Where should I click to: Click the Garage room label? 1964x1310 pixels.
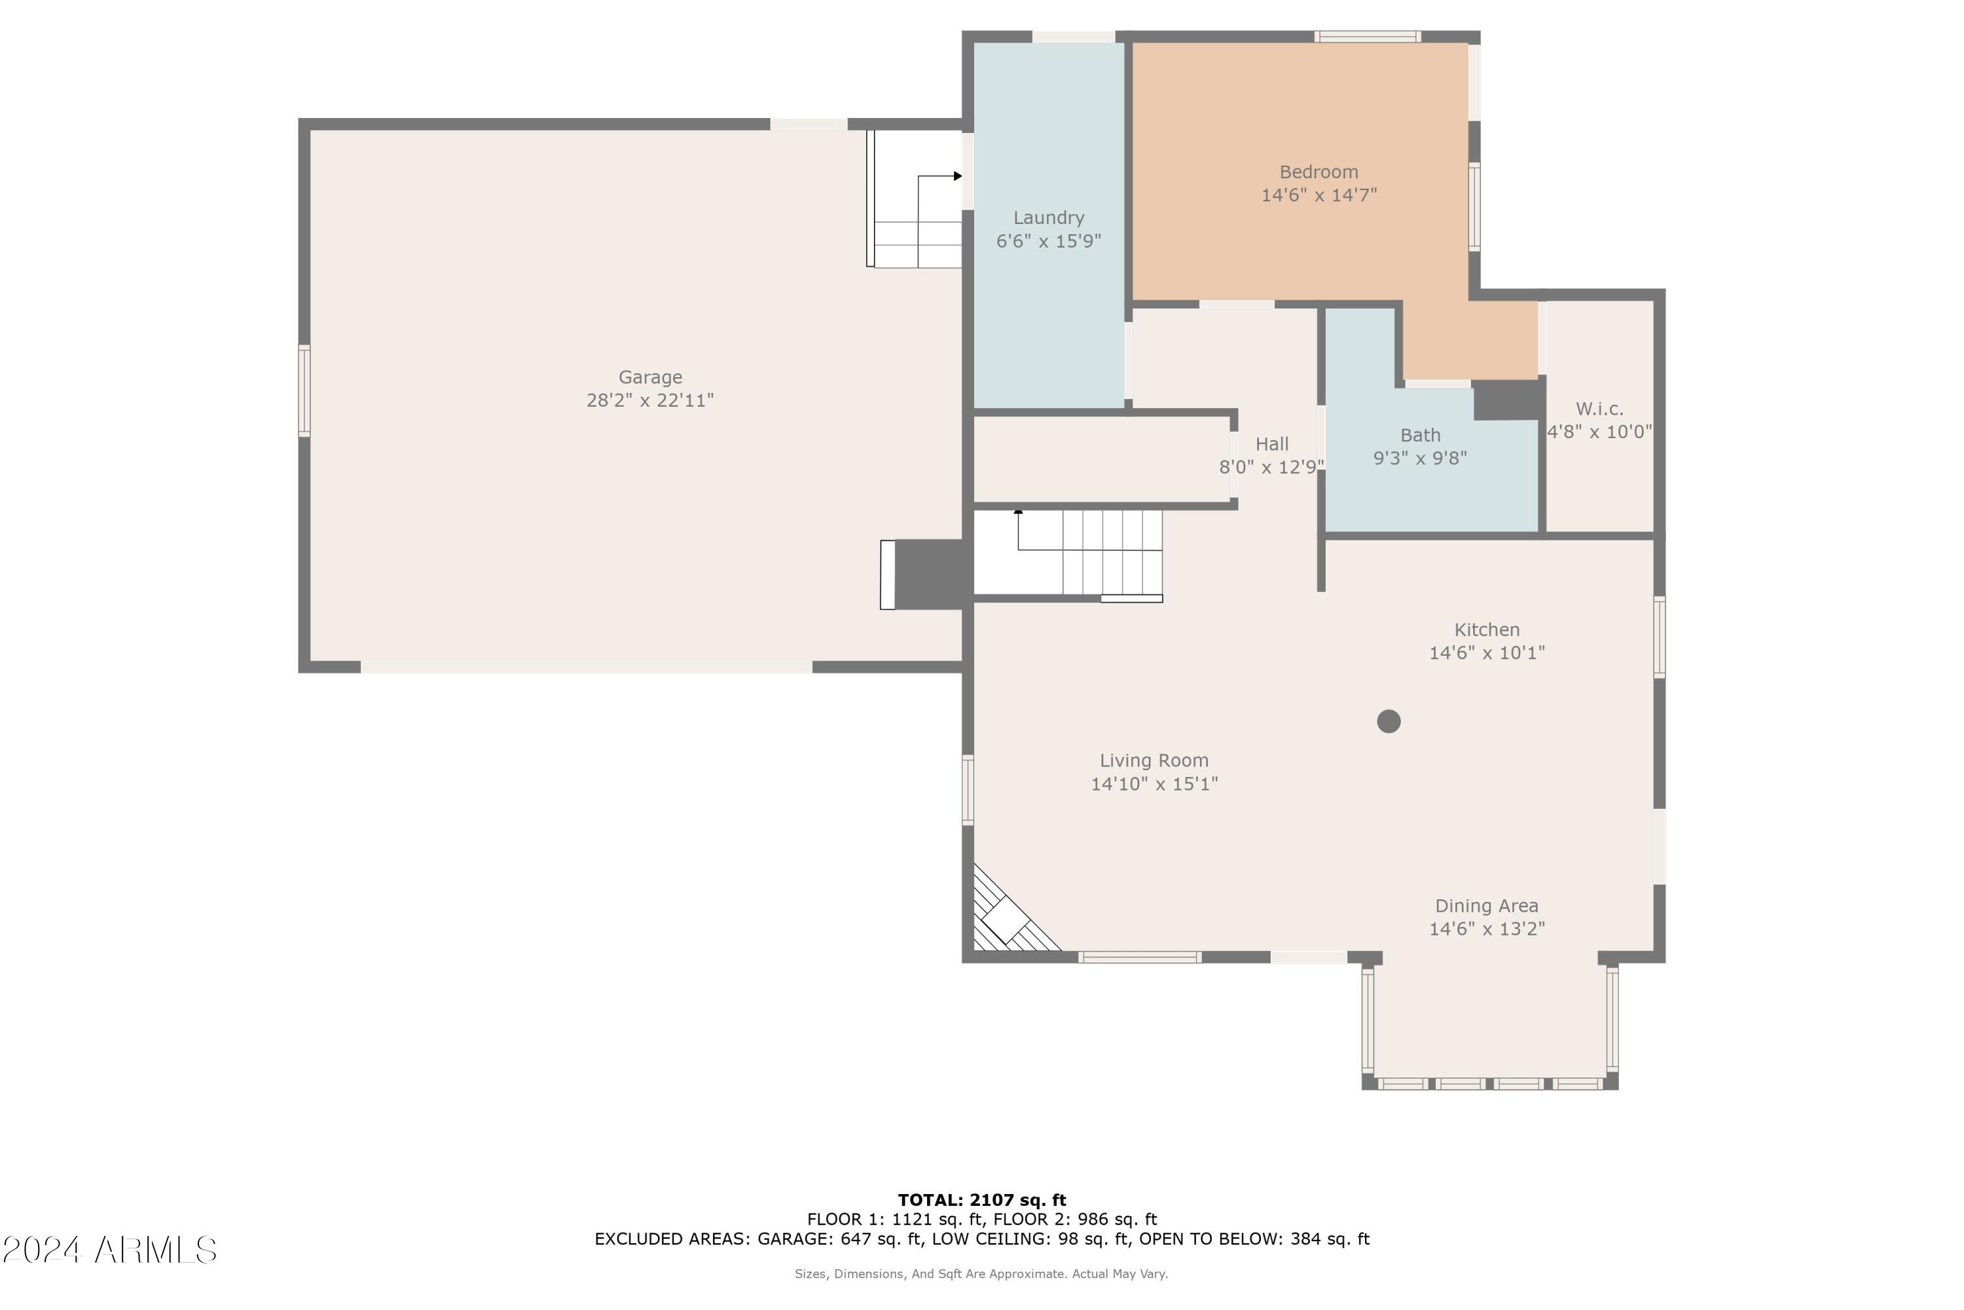[x=649, y=377]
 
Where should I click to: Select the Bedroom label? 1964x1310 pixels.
[x=1318, y=172]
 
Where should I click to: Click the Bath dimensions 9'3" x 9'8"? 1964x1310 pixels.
[x=1419, y=458]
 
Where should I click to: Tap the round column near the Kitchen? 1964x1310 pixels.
[x=1388, y=721]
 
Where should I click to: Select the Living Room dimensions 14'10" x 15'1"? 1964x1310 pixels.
[x=1154, y=783]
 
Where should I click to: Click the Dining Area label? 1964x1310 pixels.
[x=1486, y=906]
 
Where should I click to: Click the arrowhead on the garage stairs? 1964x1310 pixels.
[x=958, y=176]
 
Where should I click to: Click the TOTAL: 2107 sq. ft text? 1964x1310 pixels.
[x=982, y=1201]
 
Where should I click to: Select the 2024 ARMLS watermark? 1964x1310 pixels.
[x=109, y=1250]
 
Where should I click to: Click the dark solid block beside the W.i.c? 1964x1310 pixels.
[x=1507, y=400]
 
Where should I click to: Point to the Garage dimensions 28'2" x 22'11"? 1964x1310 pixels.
[x=649, y=401]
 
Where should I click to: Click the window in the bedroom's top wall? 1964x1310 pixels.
[x=1367, y=37]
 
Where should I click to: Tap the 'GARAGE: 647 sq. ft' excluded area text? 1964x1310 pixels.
[x=840, y=1239]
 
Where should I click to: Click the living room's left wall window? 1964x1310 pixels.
[x=968, y=789]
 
